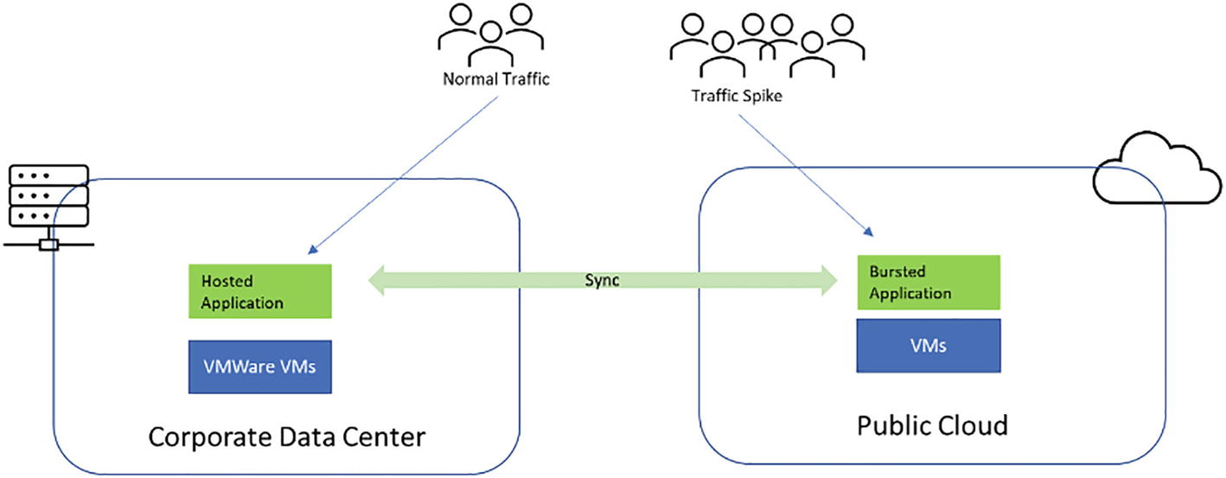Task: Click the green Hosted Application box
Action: (x=260, y=292)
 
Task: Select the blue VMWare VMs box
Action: (x=260, y=366)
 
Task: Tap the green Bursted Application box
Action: (x=928, y=282)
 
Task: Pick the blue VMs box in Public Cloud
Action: (x=928, y=346)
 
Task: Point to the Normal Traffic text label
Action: (x=496, y=80)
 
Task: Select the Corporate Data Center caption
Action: (x=287, y=437)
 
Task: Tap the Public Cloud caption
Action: (x=932, y=425)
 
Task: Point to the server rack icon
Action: (x=48, y=202)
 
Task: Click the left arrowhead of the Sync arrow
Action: (x=381, y=280)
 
